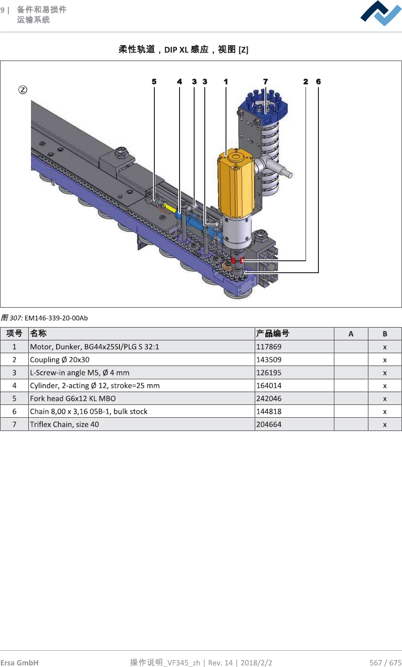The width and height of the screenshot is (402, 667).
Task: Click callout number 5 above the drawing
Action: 154,82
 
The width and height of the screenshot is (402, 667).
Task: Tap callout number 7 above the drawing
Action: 265,82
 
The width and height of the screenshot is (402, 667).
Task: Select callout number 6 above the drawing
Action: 318,82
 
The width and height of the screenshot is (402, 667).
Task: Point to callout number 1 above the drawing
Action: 226,82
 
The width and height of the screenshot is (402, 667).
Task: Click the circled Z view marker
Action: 23,90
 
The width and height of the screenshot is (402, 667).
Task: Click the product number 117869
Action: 269,347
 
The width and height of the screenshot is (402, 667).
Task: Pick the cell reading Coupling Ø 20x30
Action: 60,360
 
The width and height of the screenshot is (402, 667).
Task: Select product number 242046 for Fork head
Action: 269,399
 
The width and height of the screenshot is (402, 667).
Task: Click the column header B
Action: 385,334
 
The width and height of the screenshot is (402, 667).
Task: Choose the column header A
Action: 351,334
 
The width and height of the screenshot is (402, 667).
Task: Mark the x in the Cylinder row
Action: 385,386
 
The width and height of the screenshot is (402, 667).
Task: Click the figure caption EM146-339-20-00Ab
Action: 56,318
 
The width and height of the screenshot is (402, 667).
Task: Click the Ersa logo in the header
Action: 381,14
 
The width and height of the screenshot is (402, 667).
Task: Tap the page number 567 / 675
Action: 385,663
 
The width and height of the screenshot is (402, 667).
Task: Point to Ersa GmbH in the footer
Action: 19,663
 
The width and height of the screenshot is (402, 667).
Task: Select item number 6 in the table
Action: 14,412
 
